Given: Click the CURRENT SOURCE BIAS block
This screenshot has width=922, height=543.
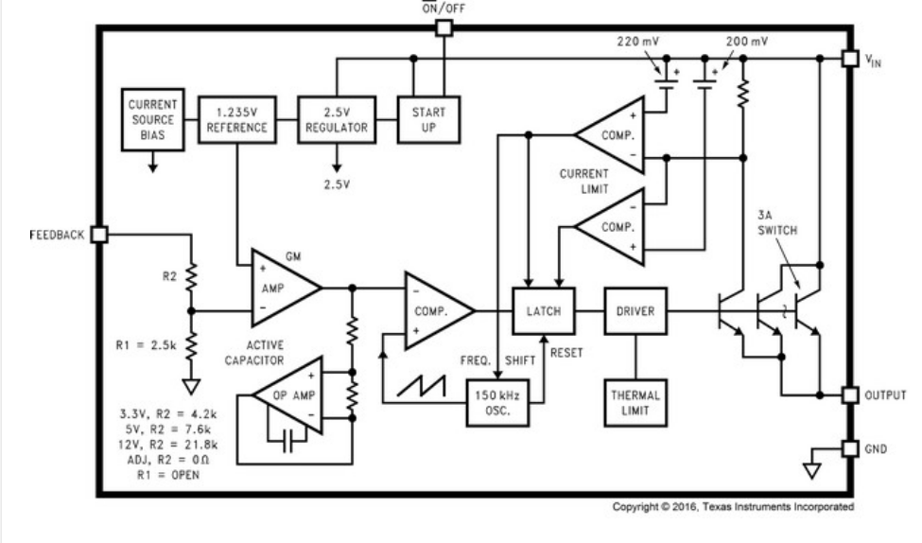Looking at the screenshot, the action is click(x=153, y=119).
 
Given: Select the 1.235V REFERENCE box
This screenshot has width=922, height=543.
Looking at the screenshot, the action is click(x=237, y=119).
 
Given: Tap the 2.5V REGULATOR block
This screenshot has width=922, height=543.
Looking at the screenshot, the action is click(x=337, y=119).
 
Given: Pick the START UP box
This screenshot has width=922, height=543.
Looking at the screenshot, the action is click(x=428, y=119).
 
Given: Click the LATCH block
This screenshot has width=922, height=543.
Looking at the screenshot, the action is click(x=544, y=311).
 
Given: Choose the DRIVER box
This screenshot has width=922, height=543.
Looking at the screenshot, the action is click(x=635, y=311).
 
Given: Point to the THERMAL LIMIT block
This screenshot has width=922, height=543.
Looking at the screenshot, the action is click(x=635, y=403).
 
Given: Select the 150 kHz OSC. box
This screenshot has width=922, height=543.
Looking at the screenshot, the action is click(x=497, y=403).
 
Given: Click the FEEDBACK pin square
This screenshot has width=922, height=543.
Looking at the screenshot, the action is click(x=99, y=235).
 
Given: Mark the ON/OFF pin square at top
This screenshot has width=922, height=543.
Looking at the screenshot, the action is click(x=444, y=27).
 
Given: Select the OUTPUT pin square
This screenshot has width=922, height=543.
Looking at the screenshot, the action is click(x=850, y=395).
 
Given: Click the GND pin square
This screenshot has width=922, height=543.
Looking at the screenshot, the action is click(x=850, y=448).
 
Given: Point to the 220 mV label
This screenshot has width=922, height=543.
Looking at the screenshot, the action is click(x=638, y=42).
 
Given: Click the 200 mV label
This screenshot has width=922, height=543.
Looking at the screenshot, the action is click(x=747, y=42).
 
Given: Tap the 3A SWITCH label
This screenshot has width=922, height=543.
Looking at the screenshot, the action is click(x=776, y=223).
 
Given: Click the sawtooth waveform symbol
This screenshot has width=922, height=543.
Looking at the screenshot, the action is click(x=421, y=386).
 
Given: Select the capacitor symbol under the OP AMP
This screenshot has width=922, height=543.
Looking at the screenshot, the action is click(x=287, y=441).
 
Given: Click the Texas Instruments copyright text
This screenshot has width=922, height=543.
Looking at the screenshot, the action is click(x=733, y=506).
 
